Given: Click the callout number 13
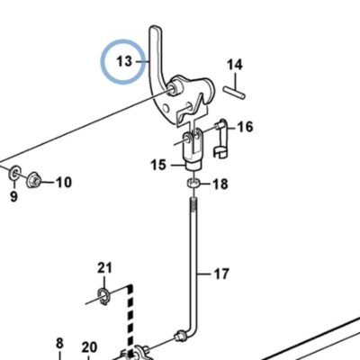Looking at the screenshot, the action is pos(124,61).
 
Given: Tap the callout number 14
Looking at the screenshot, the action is pos(235,65).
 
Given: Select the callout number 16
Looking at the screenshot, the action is pos(245,127).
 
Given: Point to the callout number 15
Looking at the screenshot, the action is pos(158,165).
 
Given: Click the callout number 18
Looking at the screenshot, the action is pos(220,184).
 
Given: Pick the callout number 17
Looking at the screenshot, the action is pos(221,274).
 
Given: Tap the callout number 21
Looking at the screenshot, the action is pos(104,267).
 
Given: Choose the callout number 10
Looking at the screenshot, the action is pos(64,182).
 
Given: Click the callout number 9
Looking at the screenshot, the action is pos(13,197).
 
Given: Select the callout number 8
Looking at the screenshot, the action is pos(59,343).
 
